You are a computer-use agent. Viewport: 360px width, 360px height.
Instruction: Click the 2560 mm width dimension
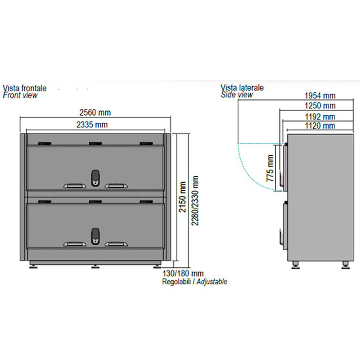(95, 112)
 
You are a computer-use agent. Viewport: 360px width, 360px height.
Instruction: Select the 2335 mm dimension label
(92, 125)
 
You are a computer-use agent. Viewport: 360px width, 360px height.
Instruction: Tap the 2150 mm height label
(183, 197)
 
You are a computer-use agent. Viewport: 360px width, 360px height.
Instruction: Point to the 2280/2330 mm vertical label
(195, 201)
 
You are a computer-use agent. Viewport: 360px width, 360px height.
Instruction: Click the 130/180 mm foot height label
(183, 274)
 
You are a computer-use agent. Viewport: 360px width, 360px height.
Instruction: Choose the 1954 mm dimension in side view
(320, 95)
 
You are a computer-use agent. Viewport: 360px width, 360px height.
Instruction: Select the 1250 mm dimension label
(320, 106)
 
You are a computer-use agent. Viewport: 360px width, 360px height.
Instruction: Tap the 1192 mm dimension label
(320, 117)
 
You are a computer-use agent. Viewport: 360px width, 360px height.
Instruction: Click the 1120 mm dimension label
(320, 126)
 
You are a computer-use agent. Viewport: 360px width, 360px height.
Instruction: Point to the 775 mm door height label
(270, 168)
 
